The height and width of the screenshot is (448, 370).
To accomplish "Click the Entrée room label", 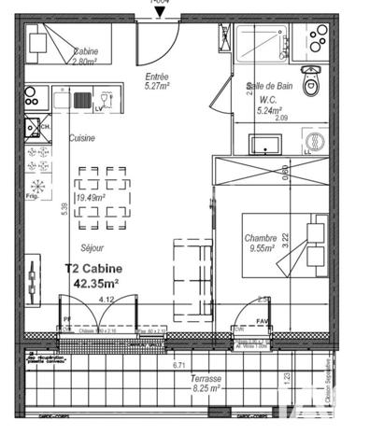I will [158, 77].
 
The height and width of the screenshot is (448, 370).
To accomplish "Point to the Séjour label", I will [92, 247].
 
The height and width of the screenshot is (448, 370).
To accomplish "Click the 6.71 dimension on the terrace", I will [178, 365].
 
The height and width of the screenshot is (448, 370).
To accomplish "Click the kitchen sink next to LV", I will [85, 99].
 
